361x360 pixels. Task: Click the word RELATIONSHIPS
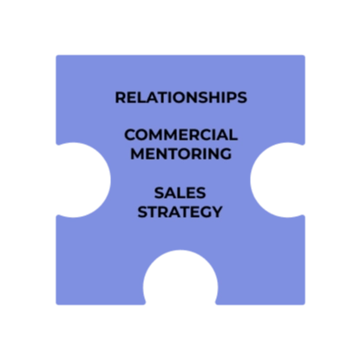[180, 97]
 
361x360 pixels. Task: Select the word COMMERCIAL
[180, 135]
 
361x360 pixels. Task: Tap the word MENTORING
[180, 154]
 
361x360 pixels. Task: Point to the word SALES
[180, 193]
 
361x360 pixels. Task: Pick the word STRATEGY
[180, 212]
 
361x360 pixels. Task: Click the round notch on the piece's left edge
[84, 180]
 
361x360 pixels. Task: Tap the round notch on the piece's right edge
[277, 180]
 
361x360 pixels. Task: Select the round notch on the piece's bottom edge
[180, 278]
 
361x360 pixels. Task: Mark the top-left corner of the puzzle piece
[56, 56]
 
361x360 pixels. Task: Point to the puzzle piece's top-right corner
[305, 56]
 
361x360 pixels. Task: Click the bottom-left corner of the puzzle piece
[56, 304]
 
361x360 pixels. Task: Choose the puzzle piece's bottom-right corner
[305, 304]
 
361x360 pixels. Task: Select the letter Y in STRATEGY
[217, 212]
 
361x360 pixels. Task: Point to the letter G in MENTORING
[226, 154]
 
